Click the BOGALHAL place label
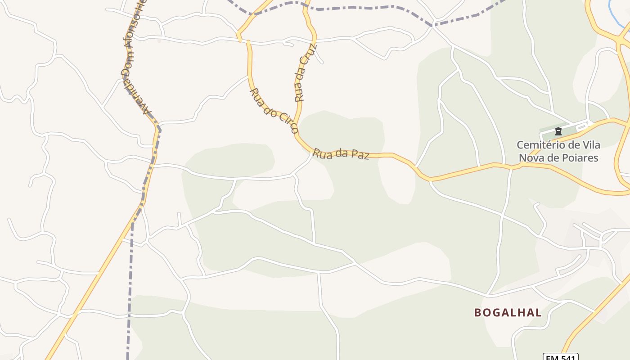pos(508,313)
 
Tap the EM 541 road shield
pos(560,358)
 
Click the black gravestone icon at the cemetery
pos(558,131)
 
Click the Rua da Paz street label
pos(341,154)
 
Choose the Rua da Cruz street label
pos(306,72)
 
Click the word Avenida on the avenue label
pos(140,102)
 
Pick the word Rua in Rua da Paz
pos(322,153)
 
